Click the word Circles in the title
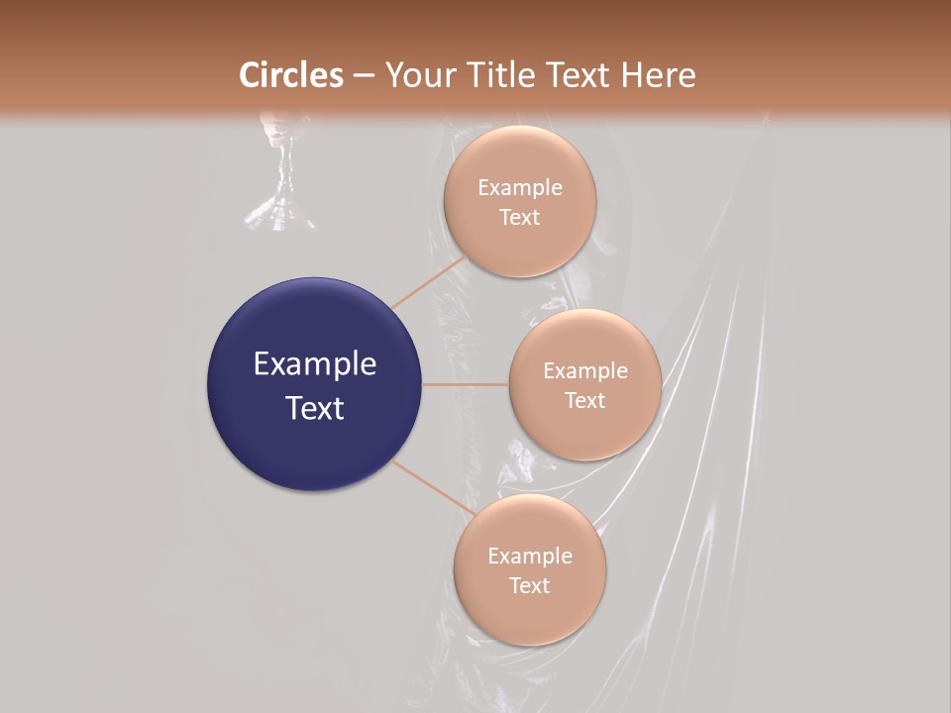pyautogui.click(x=291, y=75)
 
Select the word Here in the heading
pyautogui.click(x=658, y=75)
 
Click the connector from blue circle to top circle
pyautogui.click(x=428, y=282)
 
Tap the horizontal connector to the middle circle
pyautogui.click(x=466, y=384)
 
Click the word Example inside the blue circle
pyautogui.click(x=315, y=364)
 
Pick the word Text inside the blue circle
pyautogui.click(x=315, y=408)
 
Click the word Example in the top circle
pyautogui.click(x=520, y=188)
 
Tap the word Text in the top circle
pyautogui.click(x=519, y=217)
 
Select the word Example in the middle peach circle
pyautogui.click(x=585, y=371)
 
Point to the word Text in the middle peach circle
pyautogui.click(x=584, y=400)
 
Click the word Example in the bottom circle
pyautogui.click(x=530, y=557)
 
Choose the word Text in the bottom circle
pyautogui.click(x=529, y=585)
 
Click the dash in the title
pyautogui.click(x=364, y=76)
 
